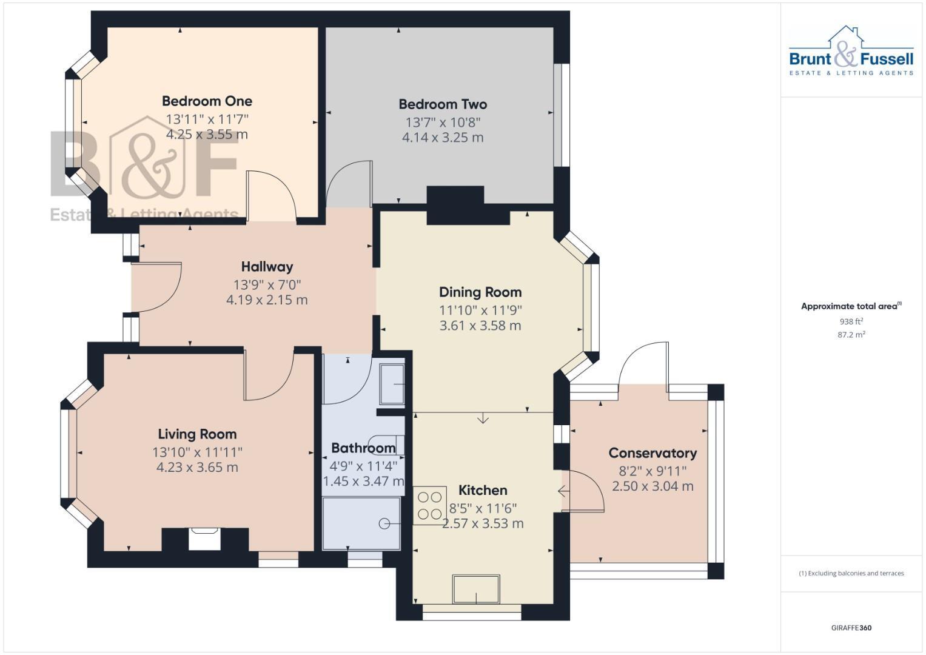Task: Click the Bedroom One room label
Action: [x=207, y=101]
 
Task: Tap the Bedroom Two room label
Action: [x=443, y=104]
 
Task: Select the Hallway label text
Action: [x=267, y=267]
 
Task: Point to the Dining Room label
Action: [x=480, y=292]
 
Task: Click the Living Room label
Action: [x=197, y=434]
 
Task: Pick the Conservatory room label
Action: [x=653, y=453]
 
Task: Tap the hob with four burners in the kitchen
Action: [x=430, y=506]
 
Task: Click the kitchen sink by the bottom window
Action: [x=476, y=589]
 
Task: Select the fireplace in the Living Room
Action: [x=204, y=539]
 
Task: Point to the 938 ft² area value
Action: [x=851, y=321]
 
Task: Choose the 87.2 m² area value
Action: [x=851, y=335]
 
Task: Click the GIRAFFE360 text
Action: [x=851, y=628]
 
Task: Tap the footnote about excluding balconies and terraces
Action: [x=851, y=573]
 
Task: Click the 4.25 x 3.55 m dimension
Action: [x=207, y=135]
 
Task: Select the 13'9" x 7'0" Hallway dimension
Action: [x=267, y=284]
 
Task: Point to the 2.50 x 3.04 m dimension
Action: [x=653, y=486]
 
